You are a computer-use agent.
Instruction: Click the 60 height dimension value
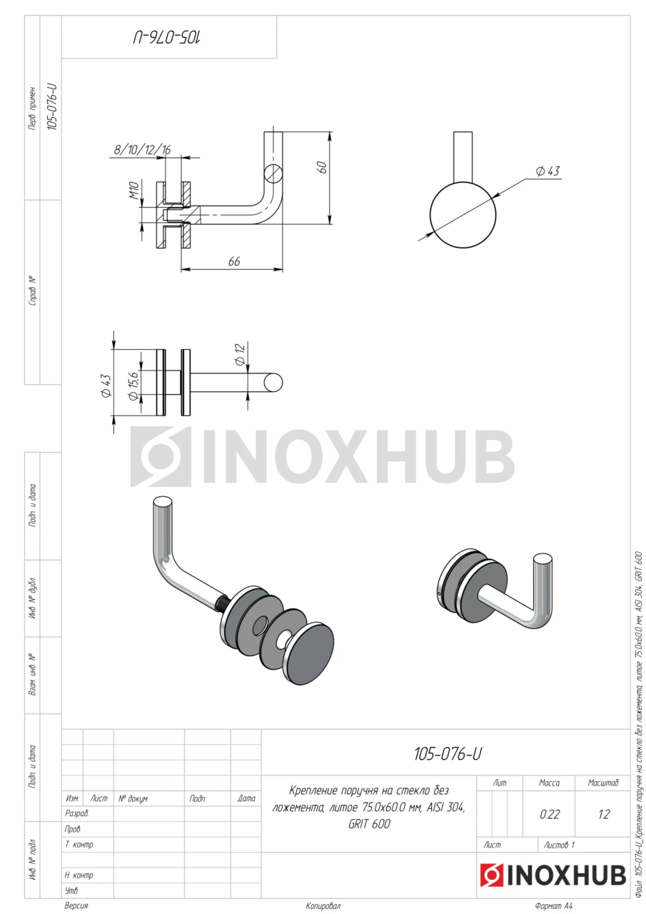point(322,167)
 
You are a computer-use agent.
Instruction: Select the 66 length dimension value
point(234,261)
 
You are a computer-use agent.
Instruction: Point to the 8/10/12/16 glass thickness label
point(142,150)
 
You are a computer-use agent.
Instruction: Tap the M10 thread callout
point(135,190)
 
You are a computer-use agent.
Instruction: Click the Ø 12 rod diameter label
point(240,354)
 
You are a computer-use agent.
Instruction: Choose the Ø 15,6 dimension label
point(133,385)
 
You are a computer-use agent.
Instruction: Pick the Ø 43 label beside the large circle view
point(547,171)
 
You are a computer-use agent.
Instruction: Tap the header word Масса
point(550,783)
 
